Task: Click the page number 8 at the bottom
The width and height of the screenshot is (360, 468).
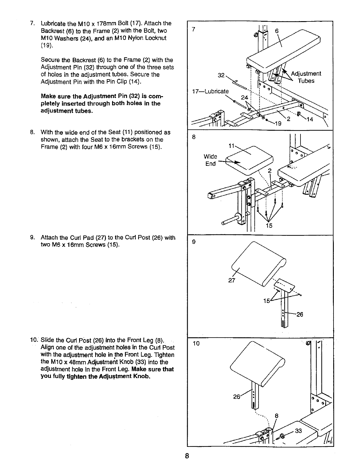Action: (x=187, y=456)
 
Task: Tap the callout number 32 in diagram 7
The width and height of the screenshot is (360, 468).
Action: (x=221, y=76)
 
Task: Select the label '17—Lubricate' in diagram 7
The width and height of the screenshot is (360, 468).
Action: (x=210, y=91)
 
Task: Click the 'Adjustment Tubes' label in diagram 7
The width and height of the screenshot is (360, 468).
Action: (x=306, y=77)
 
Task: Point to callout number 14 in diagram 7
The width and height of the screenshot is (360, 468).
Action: (x=310, y=119)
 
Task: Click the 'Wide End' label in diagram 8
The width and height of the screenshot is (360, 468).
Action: (x=210, y=160)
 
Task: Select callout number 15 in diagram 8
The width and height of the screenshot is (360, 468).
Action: (x=269, y=225)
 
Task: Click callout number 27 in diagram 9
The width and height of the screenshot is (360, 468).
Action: (x=232, y=280)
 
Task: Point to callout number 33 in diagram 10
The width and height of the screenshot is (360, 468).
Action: (x=298, y=431)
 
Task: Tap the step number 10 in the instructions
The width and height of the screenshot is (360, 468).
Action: (x=33, y=340)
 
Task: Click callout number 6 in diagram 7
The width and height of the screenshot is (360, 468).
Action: (x=277, y=31)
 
